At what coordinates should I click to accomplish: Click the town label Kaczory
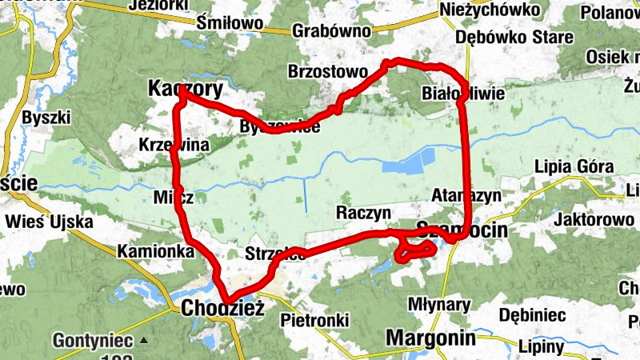186,90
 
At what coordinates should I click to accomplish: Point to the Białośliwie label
463,94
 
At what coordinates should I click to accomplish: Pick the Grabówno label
332,30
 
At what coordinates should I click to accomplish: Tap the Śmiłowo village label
230,22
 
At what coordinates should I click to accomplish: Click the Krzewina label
174,145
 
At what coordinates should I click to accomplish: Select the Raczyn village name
362,213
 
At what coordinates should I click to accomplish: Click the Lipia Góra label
574,166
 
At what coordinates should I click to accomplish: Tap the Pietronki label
315,320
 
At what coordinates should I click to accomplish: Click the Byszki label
47,117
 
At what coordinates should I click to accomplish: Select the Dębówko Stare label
514,37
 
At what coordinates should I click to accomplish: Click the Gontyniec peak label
89,340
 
